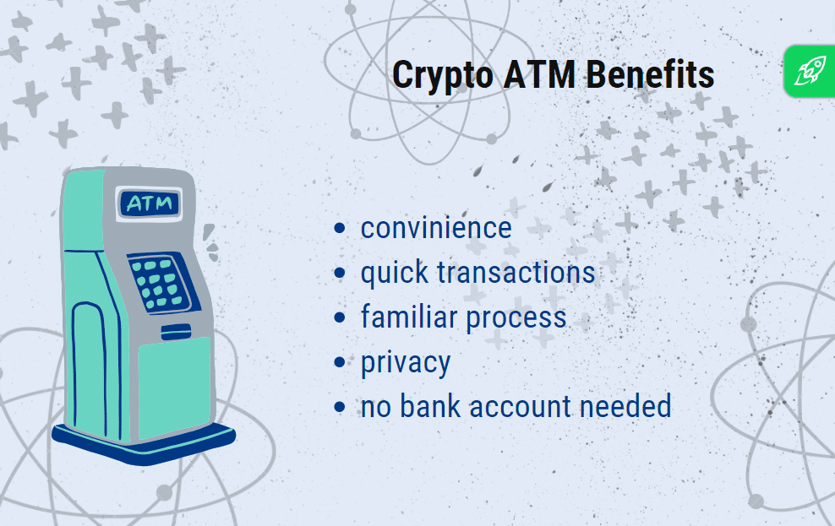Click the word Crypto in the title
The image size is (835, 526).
click(x=443, y=76)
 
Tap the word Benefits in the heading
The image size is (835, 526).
click(x=650, y=74)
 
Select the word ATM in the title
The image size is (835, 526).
click(x=539, y=74)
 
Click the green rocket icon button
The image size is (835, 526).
click(x=810, y=71)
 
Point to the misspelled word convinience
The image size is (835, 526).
click(x=436, y=228)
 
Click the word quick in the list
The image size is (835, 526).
click(x=395, y=274)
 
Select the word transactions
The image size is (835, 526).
click(x=516, y=273)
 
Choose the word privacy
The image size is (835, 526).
click(x=406, y=364)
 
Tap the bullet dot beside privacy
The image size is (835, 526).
click(x=340, y=362)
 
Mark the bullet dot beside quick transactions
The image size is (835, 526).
click(x=340, y=273)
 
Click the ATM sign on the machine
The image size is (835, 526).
click(x=150, y=203)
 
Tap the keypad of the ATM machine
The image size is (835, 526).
click(x=161, y=284)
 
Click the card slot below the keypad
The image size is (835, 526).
click(x=177, y=331)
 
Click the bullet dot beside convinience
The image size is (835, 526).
click(x=340, y=228)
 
